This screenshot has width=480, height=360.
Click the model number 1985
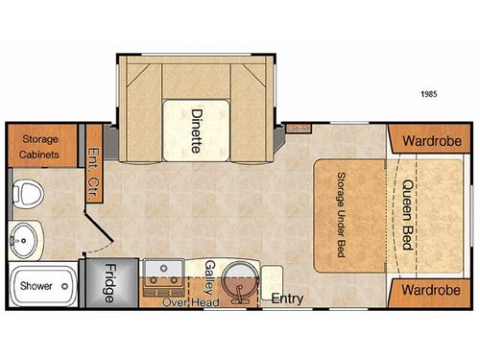(x=431, y=93)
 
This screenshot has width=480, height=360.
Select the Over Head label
(x=190, y=302)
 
